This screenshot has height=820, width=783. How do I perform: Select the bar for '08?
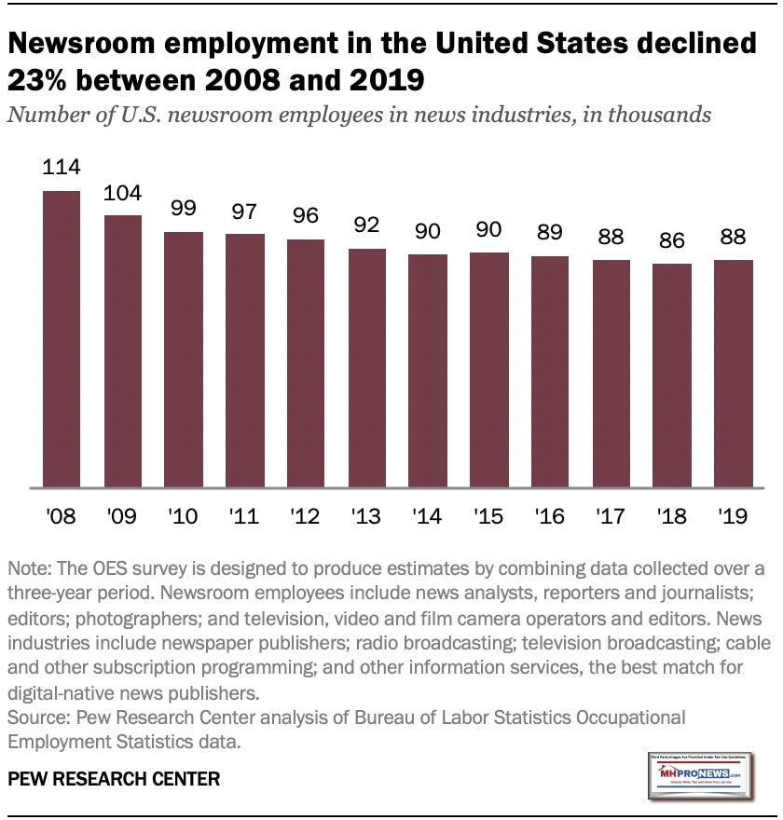click(x=62, y=339)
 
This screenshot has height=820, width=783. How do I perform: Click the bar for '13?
click(x=367, y=368)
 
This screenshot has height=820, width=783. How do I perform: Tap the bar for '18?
click(x=673, y=376)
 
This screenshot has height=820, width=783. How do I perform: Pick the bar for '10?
click(x=184, y=360)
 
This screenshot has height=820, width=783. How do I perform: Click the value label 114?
click(x=62, y=168)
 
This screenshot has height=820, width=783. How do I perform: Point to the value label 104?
click(x=123, y=193)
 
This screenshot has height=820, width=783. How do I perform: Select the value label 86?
click(x=673, y=241)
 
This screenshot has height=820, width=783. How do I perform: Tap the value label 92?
click(x=367, y=226)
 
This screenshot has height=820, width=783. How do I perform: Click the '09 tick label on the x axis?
click(x=123, y=514)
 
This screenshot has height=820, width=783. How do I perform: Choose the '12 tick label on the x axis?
click(x=306, y=514)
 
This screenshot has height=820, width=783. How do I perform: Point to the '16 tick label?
click(x=550, y=514)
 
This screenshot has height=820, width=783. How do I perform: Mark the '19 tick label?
click(x=734, y=514)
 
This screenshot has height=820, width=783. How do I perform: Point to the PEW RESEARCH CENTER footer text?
click(x=113, y=778)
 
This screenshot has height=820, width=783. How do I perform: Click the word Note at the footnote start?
click(x=28, y=569)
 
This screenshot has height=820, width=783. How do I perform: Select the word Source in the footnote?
click(x=34, y=718)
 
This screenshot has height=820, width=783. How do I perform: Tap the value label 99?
click(x=184, y=210)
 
